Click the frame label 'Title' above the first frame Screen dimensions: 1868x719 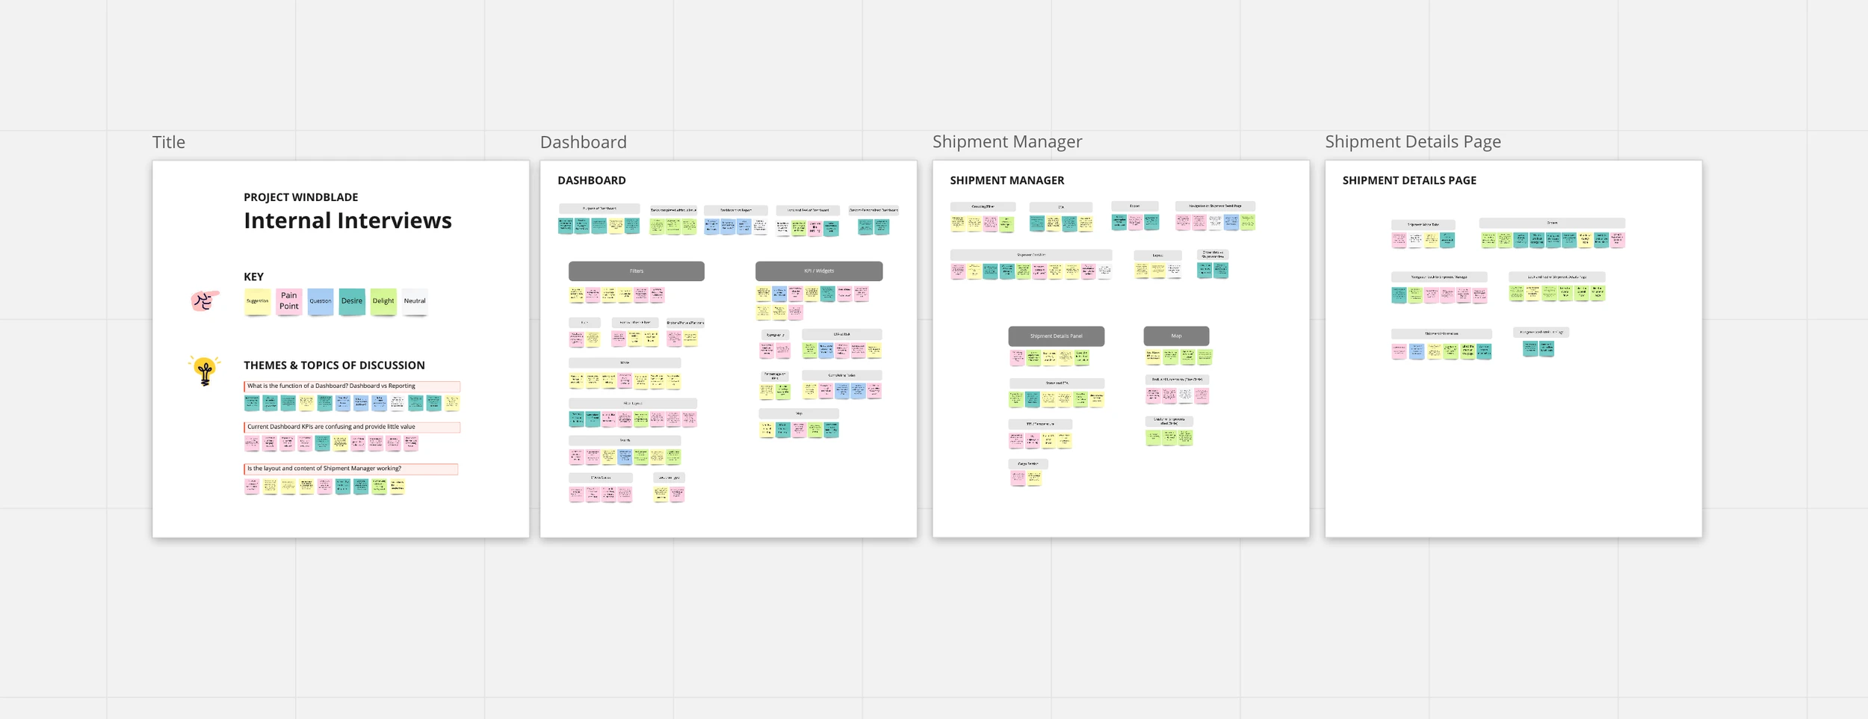tap(169, 142)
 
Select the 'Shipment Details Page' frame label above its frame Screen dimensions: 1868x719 tap(1412, 141)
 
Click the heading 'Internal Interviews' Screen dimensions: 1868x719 tap(347, 220)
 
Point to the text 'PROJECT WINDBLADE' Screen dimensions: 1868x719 tap(300, 197)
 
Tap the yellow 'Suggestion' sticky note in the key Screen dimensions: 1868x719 tap(257, 301)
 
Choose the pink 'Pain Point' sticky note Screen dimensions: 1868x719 tap(289, 301)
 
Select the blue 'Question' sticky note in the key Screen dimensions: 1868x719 tap(321, 301)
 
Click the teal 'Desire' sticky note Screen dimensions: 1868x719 tap(352, 301)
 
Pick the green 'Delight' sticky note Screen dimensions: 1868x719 tap(383, 301)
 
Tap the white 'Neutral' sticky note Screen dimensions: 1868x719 tap(415, 301)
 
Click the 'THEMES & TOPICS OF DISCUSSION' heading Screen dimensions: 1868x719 tap(334, 365)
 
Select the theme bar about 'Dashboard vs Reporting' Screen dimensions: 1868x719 tap(351, 386)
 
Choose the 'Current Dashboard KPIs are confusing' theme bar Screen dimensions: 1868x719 tap(351, 428)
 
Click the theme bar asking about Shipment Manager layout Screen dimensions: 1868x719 tap(350, 469)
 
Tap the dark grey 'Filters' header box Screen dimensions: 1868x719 tap(636, 271)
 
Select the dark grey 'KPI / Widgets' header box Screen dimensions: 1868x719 tap(818, 271)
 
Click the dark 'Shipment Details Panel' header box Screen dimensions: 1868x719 tap(1056, 336)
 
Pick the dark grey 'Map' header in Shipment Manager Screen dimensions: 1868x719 tap(1176, 336)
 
